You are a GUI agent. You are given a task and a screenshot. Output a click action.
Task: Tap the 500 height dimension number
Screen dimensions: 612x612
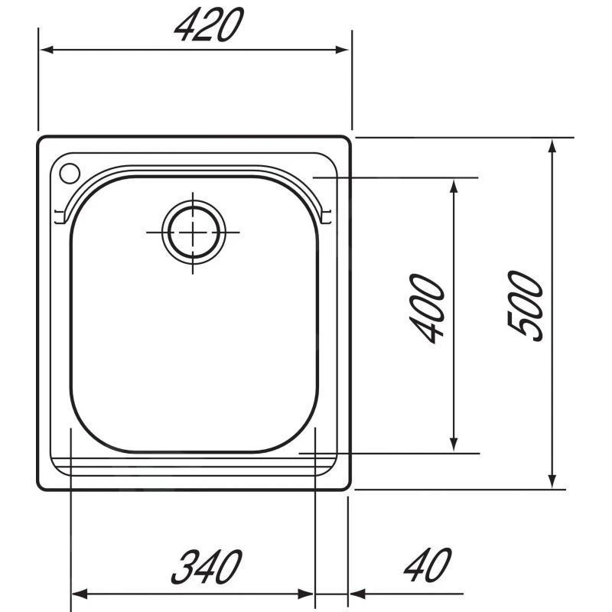click(526, 304)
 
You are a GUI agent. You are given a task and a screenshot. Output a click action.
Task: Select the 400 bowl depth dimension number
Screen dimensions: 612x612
click(427, 309)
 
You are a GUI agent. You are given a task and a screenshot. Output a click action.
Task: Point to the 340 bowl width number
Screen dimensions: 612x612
click(205, 567)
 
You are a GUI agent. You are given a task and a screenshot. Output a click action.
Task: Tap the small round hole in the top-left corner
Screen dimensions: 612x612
click(67, 173)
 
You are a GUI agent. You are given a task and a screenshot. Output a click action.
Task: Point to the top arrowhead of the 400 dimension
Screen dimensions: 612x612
click(454, 186)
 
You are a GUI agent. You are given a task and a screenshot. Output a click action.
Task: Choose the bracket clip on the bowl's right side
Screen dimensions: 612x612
click(328, 217)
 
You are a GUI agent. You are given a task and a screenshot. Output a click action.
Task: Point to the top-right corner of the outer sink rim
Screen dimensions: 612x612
click(348, 141)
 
